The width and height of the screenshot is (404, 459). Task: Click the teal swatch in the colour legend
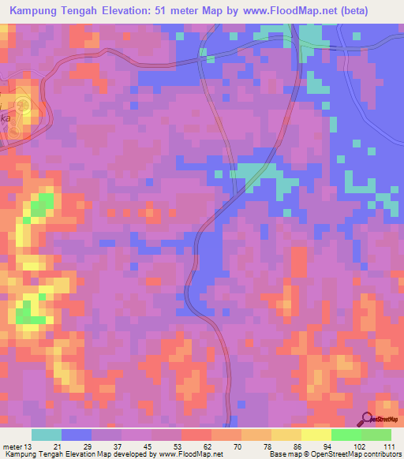(x=47, y=435)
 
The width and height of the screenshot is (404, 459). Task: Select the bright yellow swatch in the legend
(x=316, y=435)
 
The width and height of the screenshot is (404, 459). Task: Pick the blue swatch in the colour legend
(x=77, y=435)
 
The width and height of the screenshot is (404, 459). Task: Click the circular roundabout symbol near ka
(x=24, y=105)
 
